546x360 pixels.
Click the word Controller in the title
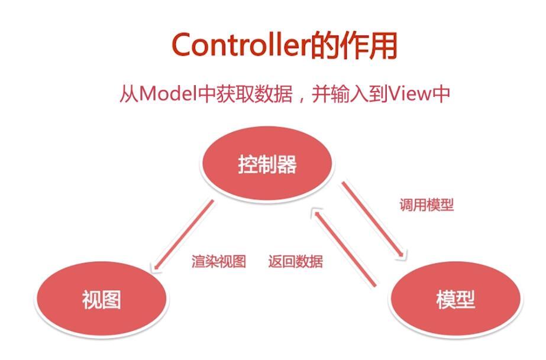tap(241, 45)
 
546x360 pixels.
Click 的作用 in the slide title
tap(353, 45)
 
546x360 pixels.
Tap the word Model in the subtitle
tap(168, 94)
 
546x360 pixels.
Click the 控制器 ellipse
tap(267, 164)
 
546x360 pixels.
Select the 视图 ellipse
tap(101, 300)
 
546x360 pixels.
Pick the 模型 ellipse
tap(455, 300)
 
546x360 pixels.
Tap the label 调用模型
tap(427, 205)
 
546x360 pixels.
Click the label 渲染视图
tap(219, 261)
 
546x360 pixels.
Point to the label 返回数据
tap(296, 261)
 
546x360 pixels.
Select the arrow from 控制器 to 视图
tap(183, 235)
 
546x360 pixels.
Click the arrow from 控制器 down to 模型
tap(373, 220)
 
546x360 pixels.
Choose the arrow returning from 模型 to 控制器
tap(345, 247)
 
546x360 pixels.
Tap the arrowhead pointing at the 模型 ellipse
tap(402, 255)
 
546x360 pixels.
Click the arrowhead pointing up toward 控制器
tap(316, 213)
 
